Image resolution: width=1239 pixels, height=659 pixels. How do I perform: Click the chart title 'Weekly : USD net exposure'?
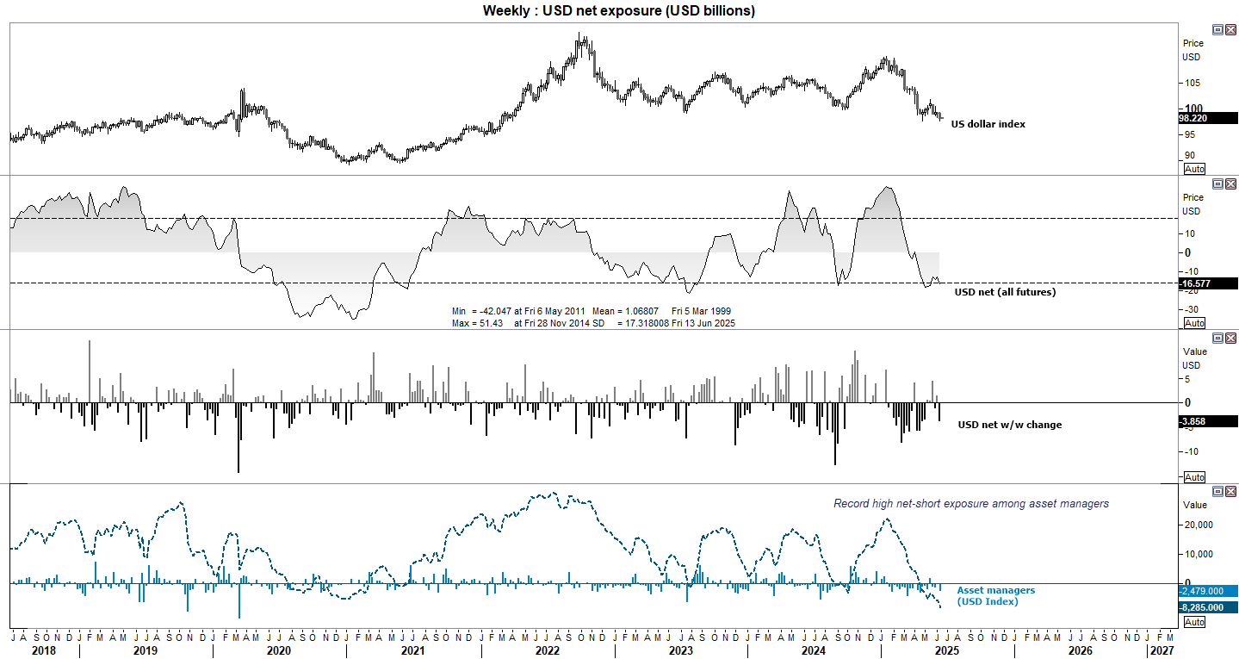[619, 10]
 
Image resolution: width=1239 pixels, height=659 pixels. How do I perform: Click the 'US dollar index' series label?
[988, 125]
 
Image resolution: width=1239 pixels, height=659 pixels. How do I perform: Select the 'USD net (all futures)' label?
[1005, 292]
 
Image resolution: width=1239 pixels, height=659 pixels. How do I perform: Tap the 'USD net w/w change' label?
[1009, 425]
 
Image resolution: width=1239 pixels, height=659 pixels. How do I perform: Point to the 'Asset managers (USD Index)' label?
[995, 595]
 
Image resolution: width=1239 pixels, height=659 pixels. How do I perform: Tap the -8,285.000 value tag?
[1207, 606]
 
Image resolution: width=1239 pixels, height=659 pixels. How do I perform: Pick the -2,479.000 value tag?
[1207, 591]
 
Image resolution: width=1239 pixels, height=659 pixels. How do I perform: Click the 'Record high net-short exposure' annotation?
[970, 504]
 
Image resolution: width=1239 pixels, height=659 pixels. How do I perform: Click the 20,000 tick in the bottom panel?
[1199, 525]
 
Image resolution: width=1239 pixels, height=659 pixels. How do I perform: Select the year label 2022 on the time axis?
[548, 651]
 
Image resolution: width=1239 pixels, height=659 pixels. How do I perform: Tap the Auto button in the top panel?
[1194, 169]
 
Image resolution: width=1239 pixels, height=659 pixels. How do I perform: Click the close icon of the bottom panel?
[1230, 491]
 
